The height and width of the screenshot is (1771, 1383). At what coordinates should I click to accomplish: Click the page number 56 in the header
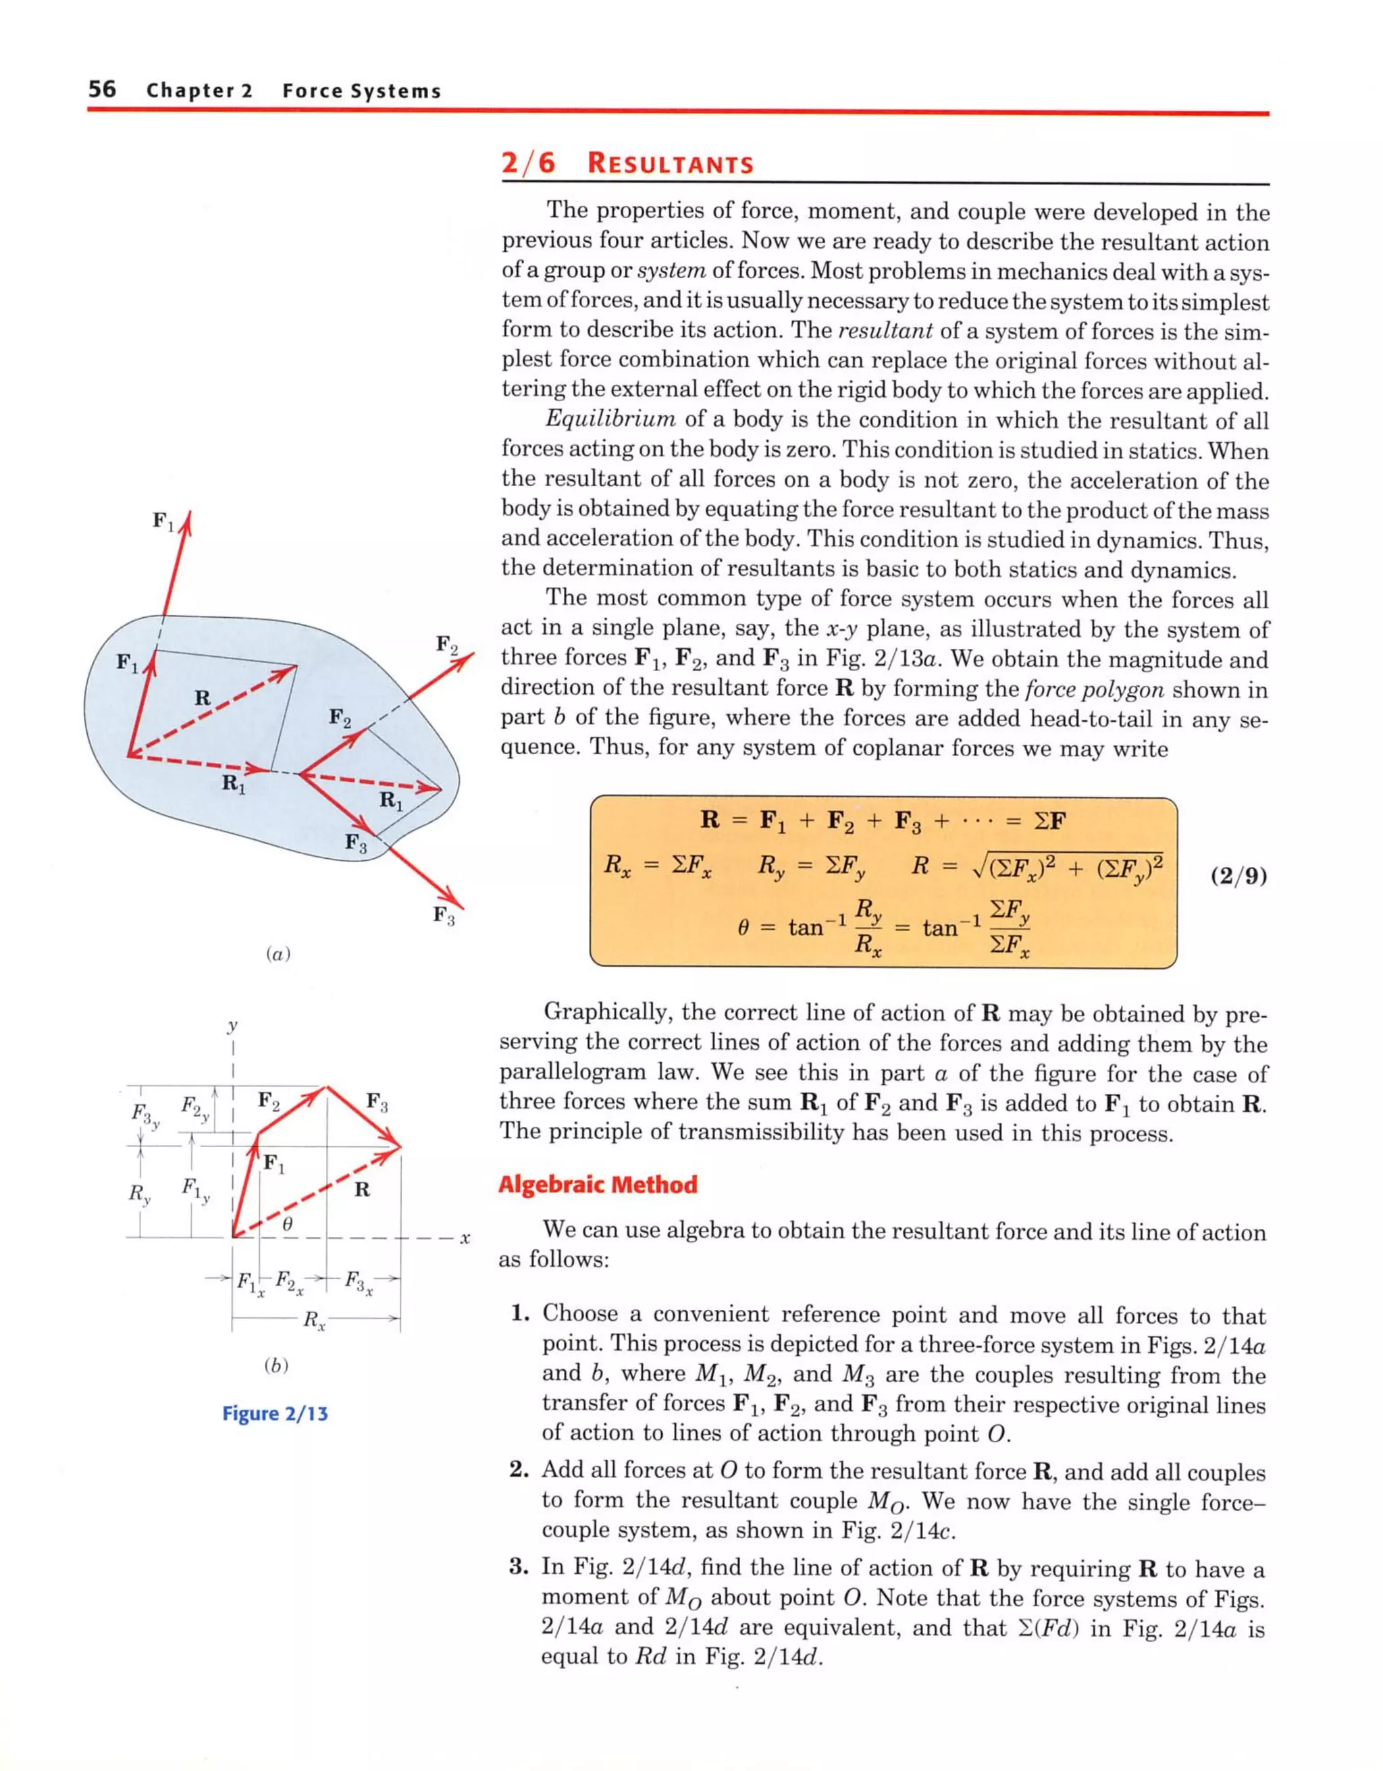[x=102, y=89]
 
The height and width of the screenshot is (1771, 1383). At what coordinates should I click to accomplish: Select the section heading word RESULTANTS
[x=670, y=164]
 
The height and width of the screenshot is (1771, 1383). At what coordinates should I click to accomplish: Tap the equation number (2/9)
[x=1238, y=876]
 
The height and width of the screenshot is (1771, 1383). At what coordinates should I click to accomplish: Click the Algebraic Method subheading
[x=597, y=1185]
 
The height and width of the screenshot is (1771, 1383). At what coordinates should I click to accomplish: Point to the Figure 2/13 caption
[x=275, y=1415]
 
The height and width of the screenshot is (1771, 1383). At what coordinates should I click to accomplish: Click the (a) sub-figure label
[x=278, y=955]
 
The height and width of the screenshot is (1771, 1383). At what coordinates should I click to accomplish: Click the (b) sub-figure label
[x=276, y=1365]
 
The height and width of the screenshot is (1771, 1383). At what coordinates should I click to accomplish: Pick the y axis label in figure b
[x=233, y=1026]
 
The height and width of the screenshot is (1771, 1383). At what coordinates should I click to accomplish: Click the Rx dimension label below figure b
[x=314, y=1321]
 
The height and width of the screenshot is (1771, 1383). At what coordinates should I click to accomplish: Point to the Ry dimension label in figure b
[x=140, y=1194]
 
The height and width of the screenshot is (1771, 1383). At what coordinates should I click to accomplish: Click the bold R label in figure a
[x=203, y=697]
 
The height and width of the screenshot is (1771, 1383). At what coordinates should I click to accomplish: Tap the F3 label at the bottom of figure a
[x=444, y=916]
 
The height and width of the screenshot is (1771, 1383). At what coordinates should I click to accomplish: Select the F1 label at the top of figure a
[x=163, y=521]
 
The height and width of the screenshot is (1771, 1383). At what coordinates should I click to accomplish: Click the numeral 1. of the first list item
[x=520, y=1315]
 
